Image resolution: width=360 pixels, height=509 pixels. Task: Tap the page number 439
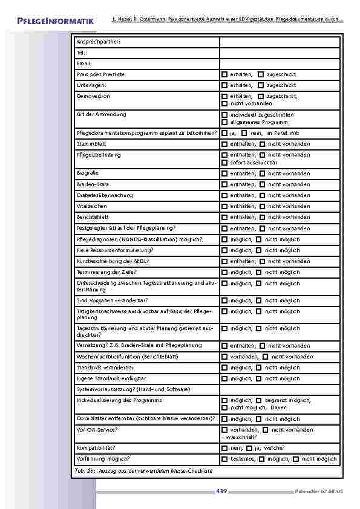(221, 491)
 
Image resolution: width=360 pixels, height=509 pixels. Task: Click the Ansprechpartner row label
(99, 42)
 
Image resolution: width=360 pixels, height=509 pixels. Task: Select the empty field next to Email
(279, 63)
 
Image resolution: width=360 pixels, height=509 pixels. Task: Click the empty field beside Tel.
(279, 53)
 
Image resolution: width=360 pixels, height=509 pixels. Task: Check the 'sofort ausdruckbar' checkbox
(224, 163)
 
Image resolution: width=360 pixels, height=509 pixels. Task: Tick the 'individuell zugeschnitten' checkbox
(224, 115)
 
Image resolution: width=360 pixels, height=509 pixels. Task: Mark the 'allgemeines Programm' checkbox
(224, 123)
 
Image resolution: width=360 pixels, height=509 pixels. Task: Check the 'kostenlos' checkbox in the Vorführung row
(224, 459)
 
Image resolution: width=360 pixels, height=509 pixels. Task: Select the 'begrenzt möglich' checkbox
(258, 401)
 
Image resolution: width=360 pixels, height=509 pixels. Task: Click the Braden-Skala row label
(93, 184)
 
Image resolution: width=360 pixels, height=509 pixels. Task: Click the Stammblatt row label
(91, 144)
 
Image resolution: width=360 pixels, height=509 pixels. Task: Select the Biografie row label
(88, 173)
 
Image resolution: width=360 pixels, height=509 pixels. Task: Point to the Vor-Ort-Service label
(97, 430)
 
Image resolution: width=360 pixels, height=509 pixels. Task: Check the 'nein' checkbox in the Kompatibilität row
(224, 449)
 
